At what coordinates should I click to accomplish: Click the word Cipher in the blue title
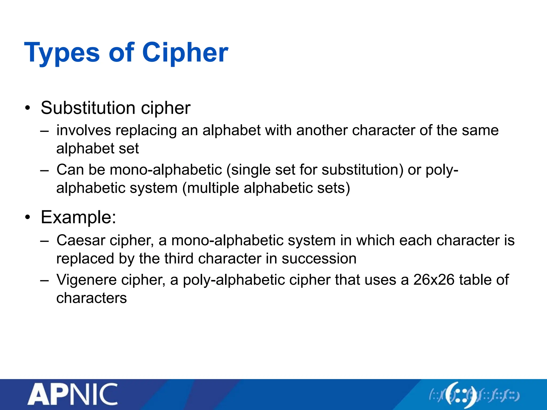pyautogui.click(x=185, y=53)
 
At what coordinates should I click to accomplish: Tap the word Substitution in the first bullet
pyautogui.click(x=88, y=108)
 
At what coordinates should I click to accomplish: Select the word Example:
pyautogui.click(x=79, y=217)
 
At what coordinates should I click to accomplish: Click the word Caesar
pyautogui.click(x=81, y=241)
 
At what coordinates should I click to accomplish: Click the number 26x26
pyautogui.click(x=434, y=280)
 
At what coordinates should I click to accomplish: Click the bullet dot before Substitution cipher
pyautogui.click(x=28, y=108)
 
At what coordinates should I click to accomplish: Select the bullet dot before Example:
pyautogui.click(x=28, y=218)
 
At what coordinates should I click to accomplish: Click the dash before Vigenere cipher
pyautogui.click(x=45, y=280)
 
